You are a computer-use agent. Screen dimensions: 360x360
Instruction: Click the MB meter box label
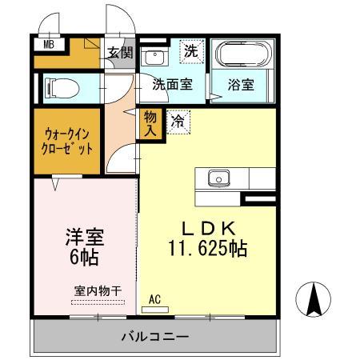pyautogui.click(x=49, y=46)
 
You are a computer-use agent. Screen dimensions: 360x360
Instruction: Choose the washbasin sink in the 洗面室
pyautogui.click(x=153, y=57)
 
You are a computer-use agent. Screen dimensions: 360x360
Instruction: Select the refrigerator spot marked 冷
pyautogui.click(x=178, y=122)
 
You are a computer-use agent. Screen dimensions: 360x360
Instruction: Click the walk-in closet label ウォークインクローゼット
pyautogui.click(x=68, y=142)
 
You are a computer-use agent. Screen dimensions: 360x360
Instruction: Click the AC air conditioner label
pyautogui.click(x=156, y=300)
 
